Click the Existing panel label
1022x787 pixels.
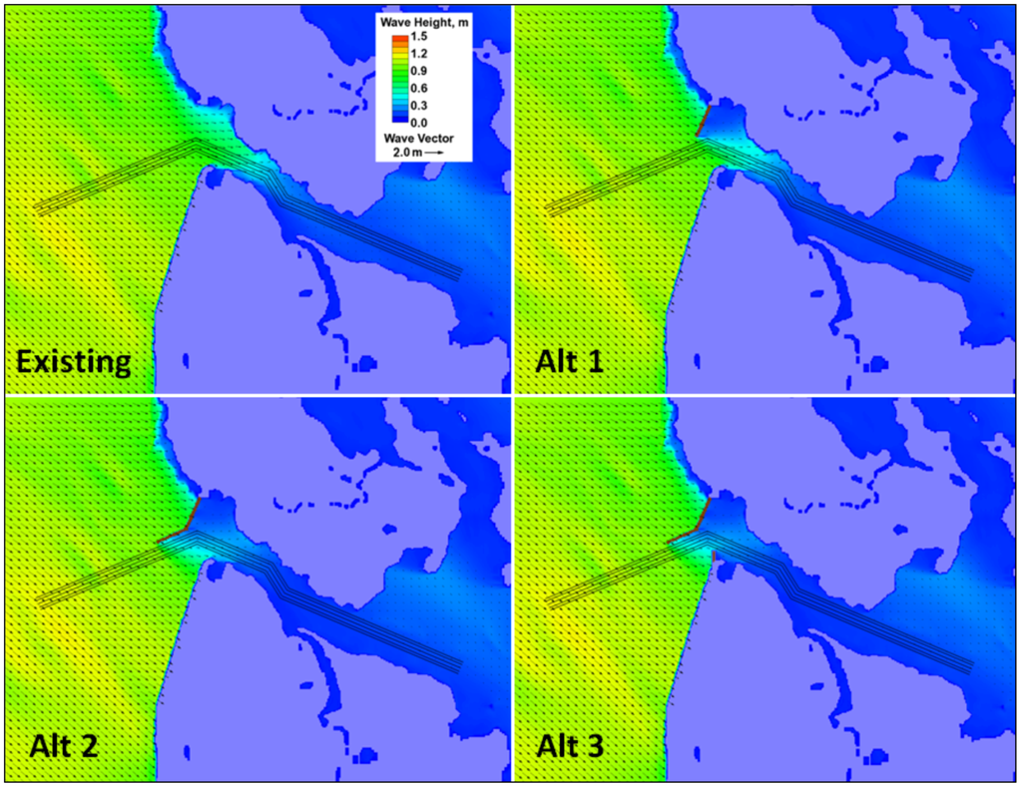(x=74, y=361)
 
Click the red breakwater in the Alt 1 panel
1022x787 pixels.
(x=702, y=123)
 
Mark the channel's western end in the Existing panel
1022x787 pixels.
(x=38, y=208)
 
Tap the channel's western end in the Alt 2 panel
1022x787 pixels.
(x=38, y=600)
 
